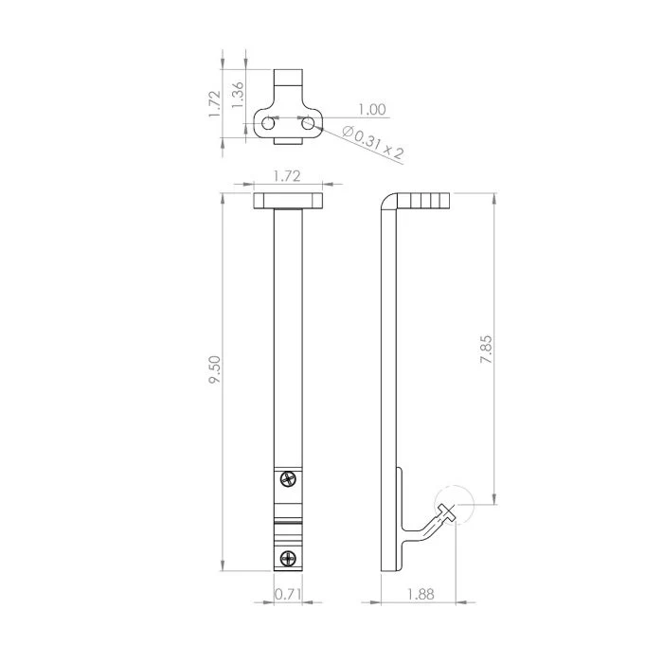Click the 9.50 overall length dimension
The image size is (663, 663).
click(x=216, y=369)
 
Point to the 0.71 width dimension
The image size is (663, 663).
click(x=288, y=594)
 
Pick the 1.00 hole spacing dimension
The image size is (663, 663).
click(x=371, y=111)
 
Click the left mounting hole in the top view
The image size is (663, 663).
click(x=269, y=123)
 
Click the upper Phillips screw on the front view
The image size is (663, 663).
click(x=288, y=481)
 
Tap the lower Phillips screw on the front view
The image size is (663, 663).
click(x=288, y=556)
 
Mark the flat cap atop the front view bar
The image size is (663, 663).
click(x=288, y=201)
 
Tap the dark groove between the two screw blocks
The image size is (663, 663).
click(x=288, y=519)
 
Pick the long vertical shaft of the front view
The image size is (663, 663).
click(x=288, y=341)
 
